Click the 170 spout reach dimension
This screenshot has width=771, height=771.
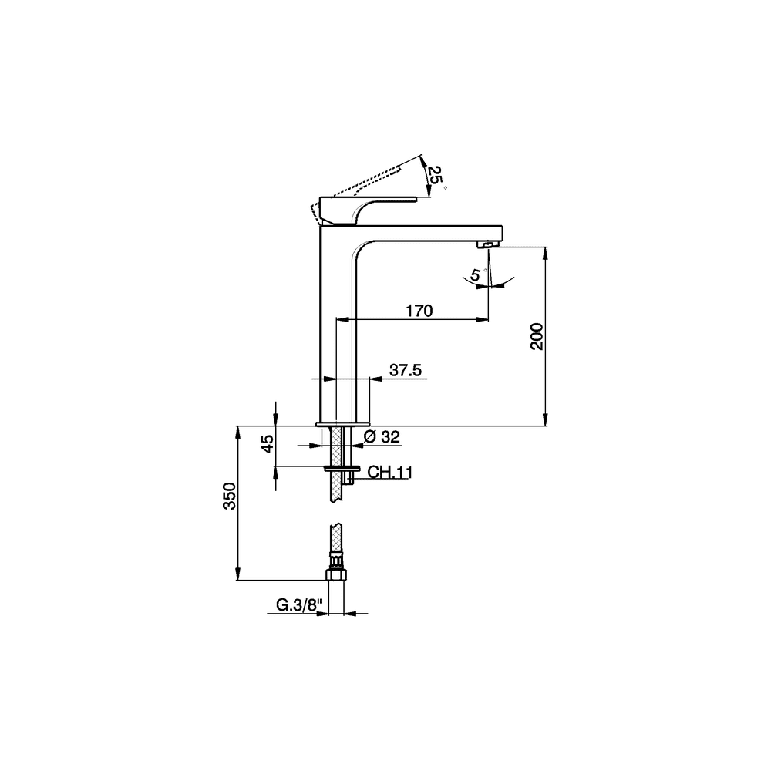coord(419,311)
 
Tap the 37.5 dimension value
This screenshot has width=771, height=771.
coord(406,370)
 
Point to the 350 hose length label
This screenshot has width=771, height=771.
coord(230,496)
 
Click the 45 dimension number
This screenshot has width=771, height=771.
coord(268,444)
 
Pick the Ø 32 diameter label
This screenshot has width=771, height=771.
coord(382,436)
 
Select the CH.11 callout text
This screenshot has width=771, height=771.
coord(390,473)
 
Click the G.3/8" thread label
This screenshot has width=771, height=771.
coord(299,605)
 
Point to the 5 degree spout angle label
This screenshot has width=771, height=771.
coord(476,274)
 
